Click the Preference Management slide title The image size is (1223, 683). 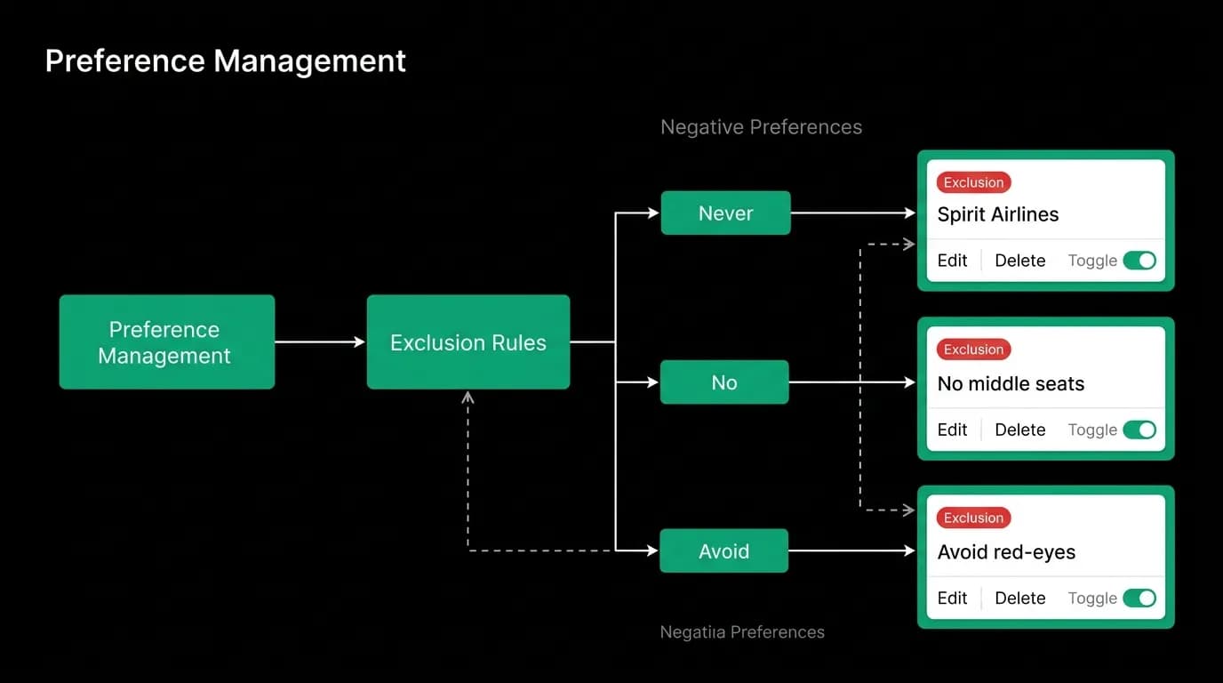(x=226, y=60)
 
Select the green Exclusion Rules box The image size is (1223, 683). (x=468, y=342)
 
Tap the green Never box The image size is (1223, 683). (x=725, y=213)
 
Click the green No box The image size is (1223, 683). (x=724, y=382)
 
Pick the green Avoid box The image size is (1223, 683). (x=724, y=550)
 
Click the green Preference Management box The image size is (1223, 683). (x=167, y=342)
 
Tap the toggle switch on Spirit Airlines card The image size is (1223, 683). (x=1139, y=261)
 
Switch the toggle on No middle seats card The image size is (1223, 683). (x=1139, y=430)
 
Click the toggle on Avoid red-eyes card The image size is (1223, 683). (x=1139, y=599)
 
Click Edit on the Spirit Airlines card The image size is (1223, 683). (x=952, y=261)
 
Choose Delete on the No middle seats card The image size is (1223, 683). (x=1019, y=430)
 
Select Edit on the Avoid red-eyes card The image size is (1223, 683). (x=952, y=599)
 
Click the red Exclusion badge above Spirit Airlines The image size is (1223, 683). (x=973, y=182)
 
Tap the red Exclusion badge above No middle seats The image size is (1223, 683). (x=973, y=350)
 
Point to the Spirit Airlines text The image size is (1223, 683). (x=998, y=214)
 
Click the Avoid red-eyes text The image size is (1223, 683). (x=1006, y=552)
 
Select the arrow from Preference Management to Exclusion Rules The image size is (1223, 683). (x=320, y=342)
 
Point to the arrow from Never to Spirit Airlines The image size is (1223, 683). (x=853, y=213)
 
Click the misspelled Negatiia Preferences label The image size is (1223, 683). (x=742, y=632)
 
